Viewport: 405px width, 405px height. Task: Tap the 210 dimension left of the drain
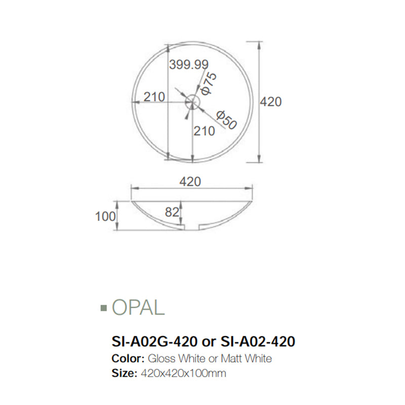pyautogui.click(x=154, y=96)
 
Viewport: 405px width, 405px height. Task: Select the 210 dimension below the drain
pyautogui.click(x=205, y=131)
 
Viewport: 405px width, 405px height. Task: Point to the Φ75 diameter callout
pyautogui.click(x=209, y=84)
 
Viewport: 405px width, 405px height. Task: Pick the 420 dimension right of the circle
pyautogui.click(x=271, y=101)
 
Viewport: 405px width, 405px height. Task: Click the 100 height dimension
pyautogui.click(x=105, y=217)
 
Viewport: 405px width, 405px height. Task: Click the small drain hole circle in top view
pyautogui.click(x=192, y=102)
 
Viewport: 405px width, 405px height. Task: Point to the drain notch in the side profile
pyautogui.click(x=191, y=226)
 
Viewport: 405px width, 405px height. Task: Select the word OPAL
pyautogui.click(x=138, y=307)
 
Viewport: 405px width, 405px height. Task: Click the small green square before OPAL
pyautogui.click(x=104, y=307)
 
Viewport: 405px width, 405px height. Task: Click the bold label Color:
pyautogui.click(x=127, y=359)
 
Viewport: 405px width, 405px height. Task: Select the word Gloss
pyautogui.click(x=161, y=359)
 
